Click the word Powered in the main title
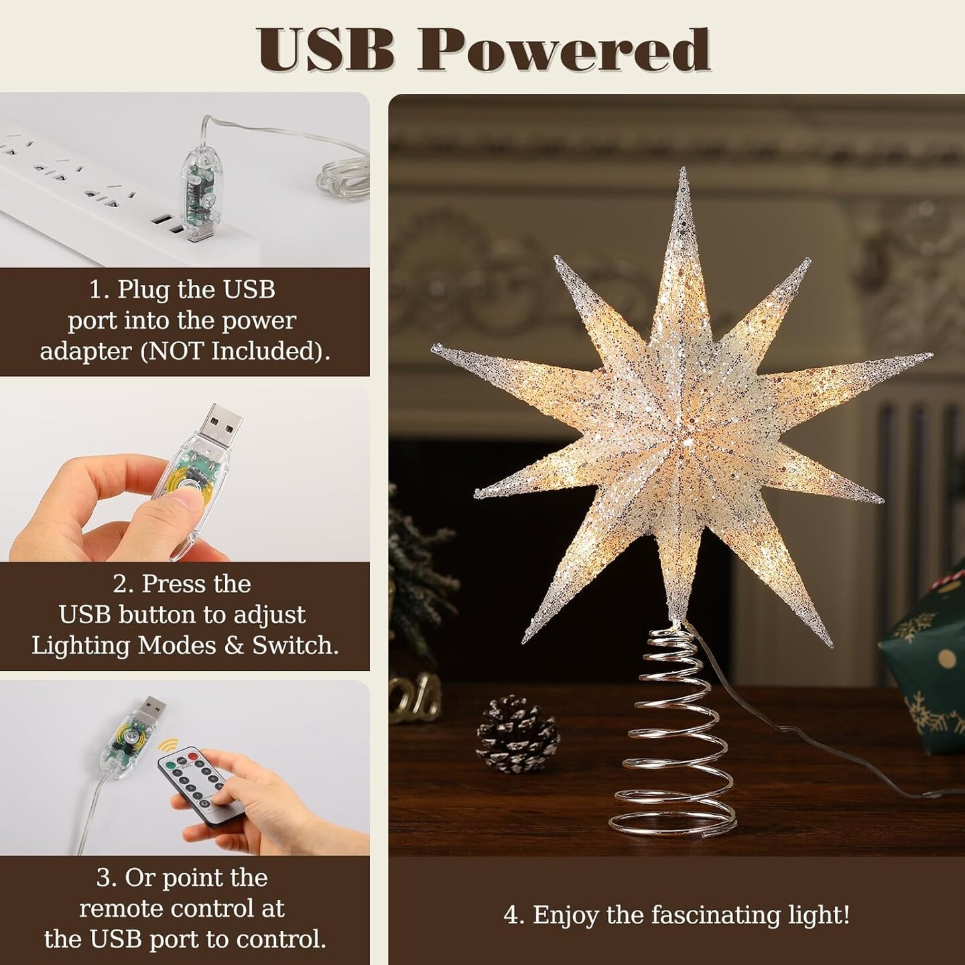click(x=564, y=50)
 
